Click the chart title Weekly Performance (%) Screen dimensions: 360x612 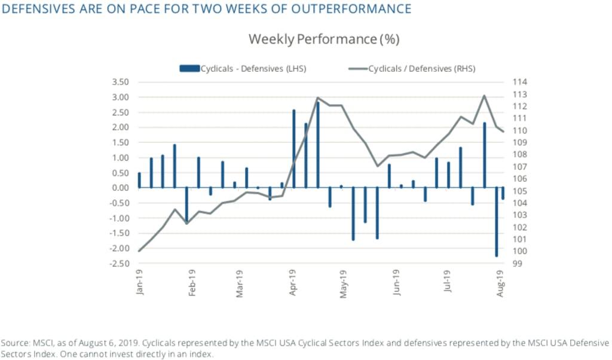323,39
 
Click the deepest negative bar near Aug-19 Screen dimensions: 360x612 496,222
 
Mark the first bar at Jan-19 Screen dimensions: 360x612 139,180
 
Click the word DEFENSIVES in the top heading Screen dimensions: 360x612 36,9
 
